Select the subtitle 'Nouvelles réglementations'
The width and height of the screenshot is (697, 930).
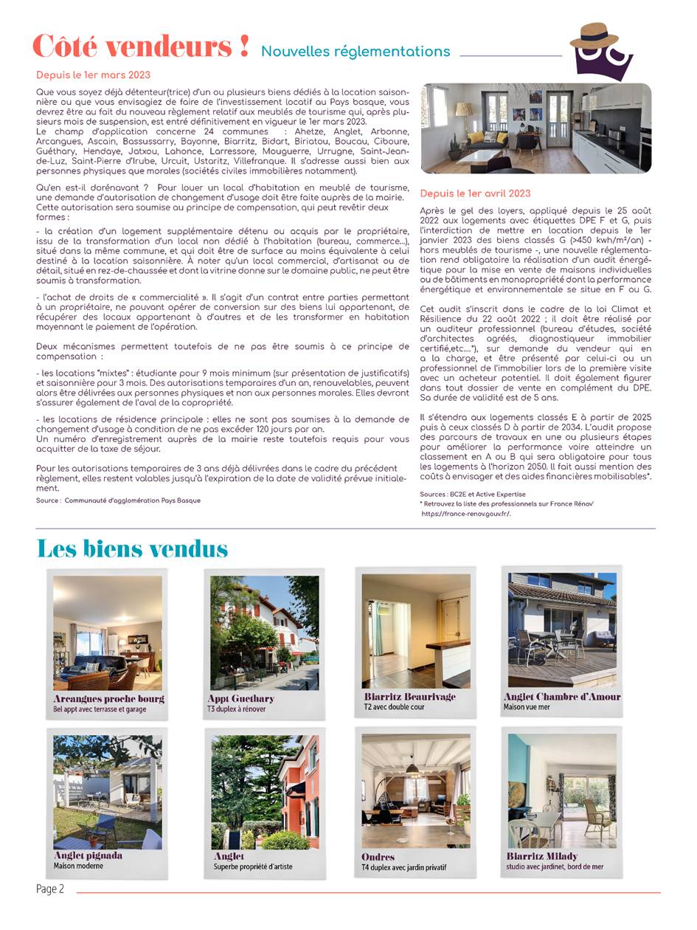coord(356,52)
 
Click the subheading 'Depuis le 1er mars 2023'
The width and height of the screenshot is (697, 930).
coord(93,75)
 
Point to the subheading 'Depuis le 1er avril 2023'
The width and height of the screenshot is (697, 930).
coord(475,193)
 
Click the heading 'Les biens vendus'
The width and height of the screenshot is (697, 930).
coord(132,549)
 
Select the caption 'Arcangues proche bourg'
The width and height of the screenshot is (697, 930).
coord(108,698)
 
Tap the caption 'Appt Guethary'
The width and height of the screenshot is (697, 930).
coord(240,698)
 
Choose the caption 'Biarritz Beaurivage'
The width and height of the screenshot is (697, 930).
coord(409,696)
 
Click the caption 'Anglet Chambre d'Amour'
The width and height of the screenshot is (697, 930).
coord(562,696)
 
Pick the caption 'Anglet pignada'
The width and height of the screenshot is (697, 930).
coord(88,855)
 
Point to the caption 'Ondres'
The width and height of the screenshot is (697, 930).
coord(378,857)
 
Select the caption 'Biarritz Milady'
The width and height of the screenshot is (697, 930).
coord(541,856)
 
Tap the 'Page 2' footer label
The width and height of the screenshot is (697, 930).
coord(50,889)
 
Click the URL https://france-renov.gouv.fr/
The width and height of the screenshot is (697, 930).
coord(465,514)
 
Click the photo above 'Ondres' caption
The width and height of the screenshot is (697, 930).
coord(416,790)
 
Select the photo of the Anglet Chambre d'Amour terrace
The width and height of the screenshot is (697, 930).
coord(562,630)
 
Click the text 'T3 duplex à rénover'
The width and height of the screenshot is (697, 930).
coord(236,709)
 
